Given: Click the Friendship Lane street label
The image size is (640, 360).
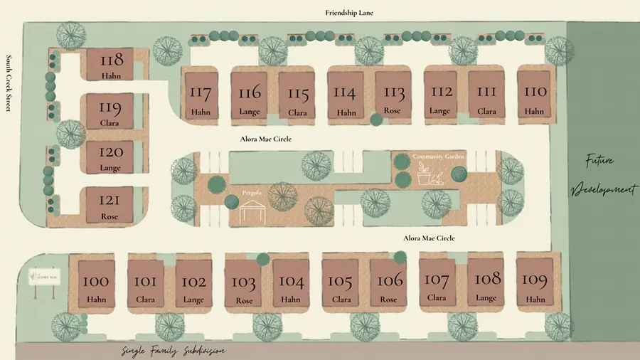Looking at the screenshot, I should click(x=349, y=13).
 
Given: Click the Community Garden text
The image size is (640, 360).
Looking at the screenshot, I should click(x=434, y=157).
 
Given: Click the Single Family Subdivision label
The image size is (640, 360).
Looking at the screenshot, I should click(x=174, y=351).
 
